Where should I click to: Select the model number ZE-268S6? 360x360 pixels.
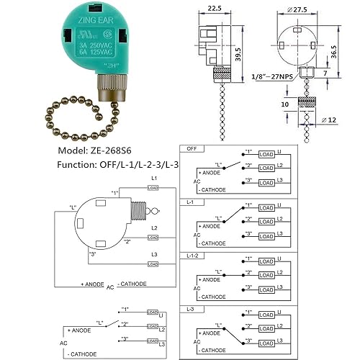point(91,153)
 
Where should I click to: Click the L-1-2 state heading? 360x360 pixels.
point(192,256)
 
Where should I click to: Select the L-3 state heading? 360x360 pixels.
point(189,309)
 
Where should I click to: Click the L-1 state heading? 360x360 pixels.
point(189,202)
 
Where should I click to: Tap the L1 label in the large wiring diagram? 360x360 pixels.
point(153,177)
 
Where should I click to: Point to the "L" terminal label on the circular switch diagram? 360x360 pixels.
point(73,207)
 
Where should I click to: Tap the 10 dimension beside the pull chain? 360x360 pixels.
point(285,104)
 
